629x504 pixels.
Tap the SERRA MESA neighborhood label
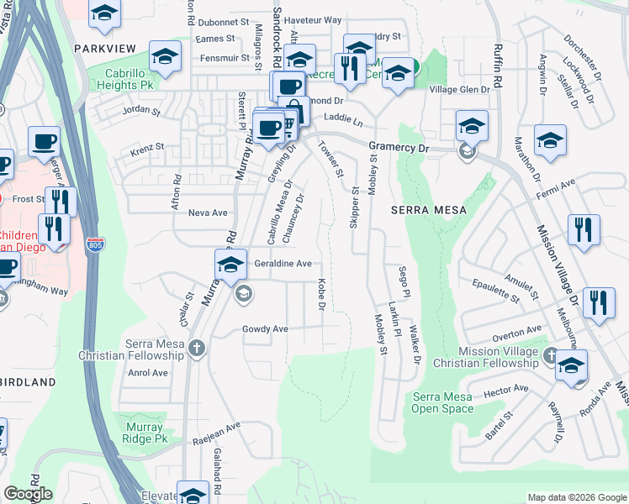pos(425,209)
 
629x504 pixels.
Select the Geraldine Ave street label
pos(283,264)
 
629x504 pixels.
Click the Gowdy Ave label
pos(265,328)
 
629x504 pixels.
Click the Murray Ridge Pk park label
pos(140,433)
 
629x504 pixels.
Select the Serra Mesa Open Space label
pos(442,403)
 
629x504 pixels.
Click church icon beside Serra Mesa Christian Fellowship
pos(197,348)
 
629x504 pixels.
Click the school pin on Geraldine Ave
pos(230,264)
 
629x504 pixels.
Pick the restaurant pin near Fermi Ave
pos(584,229)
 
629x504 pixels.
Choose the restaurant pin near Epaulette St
pos(599,302)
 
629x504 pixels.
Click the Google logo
pos(28,494)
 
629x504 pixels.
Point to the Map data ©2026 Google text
pos(576,497)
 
